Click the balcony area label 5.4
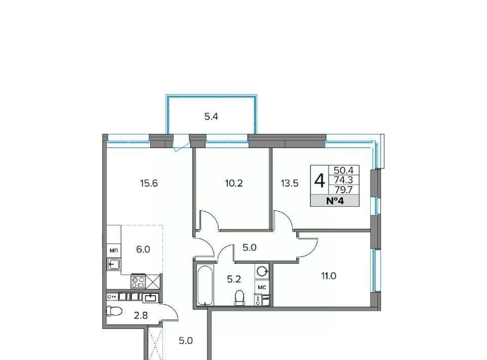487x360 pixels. coord(211,117)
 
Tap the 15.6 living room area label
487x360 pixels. coord(149,184)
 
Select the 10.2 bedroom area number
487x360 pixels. coord(234,184)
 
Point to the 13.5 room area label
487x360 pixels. coord(290,184)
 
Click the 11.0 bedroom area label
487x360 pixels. coord(329,276)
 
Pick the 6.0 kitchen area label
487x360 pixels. coord(143,249)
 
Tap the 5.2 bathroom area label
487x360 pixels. coord(234,279)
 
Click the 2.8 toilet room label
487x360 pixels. coord(141,316)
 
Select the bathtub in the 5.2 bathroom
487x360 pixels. coord(205,285)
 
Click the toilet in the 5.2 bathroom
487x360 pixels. coord(239,298)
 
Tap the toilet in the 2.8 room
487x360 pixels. coord(114,310)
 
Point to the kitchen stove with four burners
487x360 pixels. coord(138,281)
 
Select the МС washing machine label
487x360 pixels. coord(262,287)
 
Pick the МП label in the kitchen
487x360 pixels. coord(114,250)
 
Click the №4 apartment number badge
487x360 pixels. coord(335,201)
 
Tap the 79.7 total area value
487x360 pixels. coord(343,190)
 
